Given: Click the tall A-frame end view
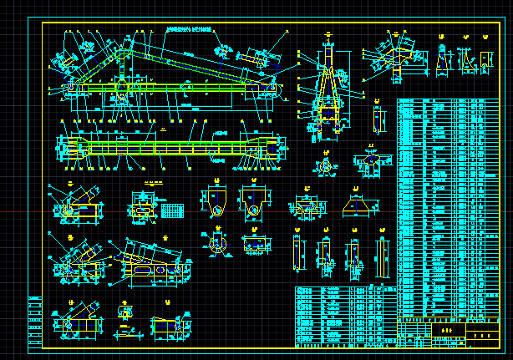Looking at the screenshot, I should [331, 84].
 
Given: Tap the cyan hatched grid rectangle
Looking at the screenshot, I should [173, 210].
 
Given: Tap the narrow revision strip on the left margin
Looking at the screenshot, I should [34, 322].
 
